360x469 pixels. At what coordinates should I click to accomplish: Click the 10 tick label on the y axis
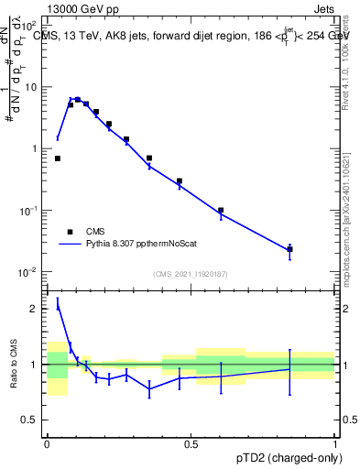(x=32, y=87)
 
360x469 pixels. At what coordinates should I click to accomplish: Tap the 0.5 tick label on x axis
(x=191, y=444)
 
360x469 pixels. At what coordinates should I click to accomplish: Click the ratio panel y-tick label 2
(x=36, y=309)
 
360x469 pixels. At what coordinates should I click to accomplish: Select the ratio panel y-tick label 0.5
(x=32, y=420)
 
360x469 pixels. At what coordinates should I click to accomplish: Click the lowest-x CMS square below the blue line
(x=57, y=158)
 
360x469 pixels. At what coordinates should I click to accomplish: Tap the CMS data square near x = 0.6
(x=221, y=210)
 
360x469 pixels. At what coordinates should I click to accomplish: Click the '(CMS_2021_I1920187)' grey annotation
(x=191, y=274)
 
